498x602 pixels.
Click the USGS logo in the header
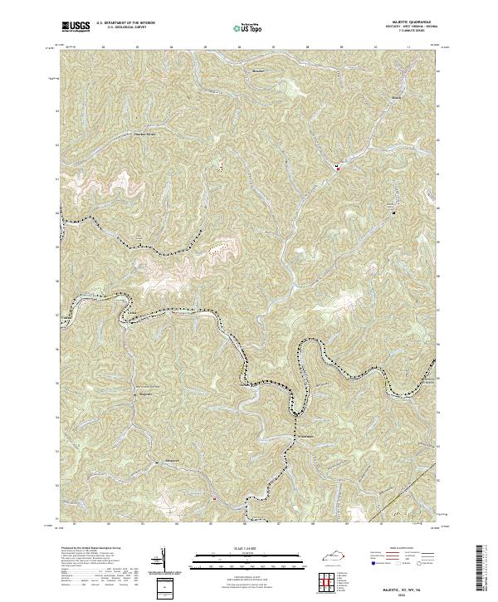76,27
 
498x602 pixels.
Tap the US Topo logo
250,27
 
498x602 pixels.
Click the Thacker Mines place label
146,131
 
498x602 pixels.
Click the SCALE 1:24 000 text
249,546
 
